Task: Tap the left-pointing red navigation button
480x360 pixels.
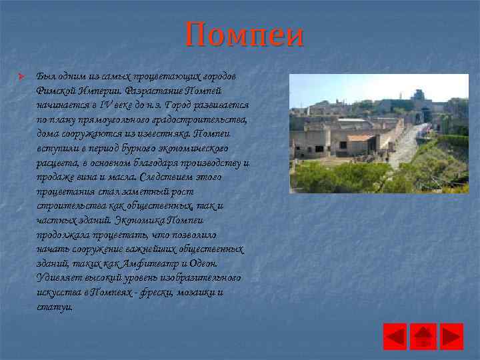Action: pyautogui.click(x=395, y=336)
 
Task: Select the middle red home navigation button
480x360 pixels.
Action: pyautogui.click(x=423, y=336)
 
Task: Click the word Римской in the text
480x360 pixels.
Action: pyautogui.click(x=56, y=90)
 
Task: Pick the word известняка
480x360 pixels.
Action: pyautogui.click(x=161, y=133)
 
